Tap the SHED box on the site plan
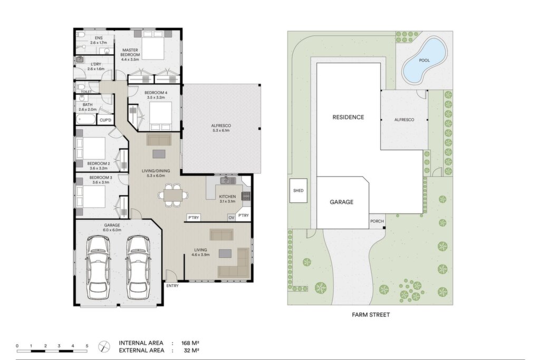pos(298,190)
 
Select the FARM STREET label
pos(371,315)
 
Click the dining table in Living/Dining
pos(173,196)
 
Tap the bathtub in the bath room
pos(86,120)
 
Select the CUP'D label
pos(105,120)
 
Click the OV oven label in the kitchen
pos(232,218)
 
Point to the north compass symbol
pos(104,346)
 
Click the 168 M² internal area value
pos(190,343)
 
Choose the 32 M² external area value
pos(191,351)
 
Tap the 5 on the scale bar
pos(87,346)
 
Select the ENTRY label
pos(172,286)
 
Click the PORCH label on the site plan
pos(377,221)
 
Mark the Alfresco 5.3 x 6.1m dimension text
pos(221,130)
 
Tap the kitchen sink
pos(228,180)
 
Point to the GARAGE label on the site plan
pos(342,202)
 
